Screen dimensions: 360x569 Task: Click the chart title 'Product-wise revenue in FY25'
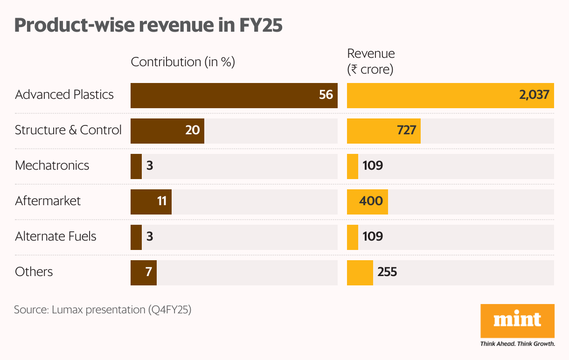click(148, 25)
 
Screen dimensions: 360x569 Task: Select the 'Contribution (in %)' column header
click(182, 62)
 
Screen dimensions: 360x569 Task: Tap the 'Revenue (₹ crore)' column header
click(371, 62)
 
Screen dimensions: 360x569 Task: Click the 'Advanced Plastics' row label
click(64, 95)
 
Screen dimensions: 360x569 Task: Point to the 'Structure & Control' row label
click(68, 130)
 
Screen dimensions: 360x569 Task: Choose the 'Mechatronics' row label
click(52, 166)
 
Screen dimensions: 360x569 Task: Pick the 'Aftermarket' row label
click(48, 201)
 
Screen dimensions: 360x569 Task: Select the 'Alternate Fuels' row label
click(56, 236)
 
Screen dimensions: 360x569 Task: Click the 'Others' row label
click(34, 272)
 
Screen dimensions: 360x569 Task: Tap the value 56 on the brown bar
click(326, 95)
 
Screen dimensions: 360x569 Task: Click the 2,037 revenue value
click(534, 95)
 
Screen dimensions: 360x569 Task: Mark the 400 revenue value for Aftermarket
click(371, 201)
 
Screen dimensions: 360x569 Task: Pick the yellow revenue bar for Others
click(360, 272)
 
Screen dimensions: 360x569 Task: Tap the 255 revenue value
click(388, 272)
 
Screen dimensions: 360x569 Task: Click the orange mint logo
click(517, 321)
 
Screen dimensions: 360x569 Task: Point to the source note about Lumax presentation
click(103, 310)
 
